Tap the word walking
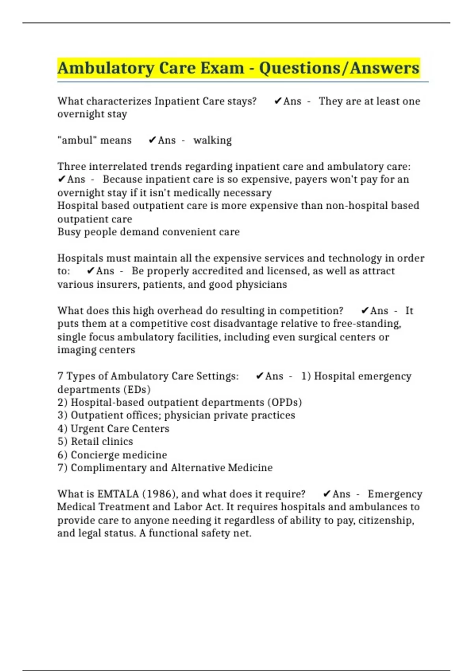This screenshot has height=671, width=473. pos(212,140)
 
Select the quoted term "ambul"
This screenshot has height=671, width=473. pos(75,140)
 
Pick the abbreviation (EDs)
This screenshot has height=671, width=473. pos(137,390)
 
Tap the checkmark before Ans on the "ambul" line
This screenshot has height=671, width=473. pos(153,140)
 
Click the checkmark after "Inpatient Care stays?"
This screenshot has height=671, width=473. pos(278,101)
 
